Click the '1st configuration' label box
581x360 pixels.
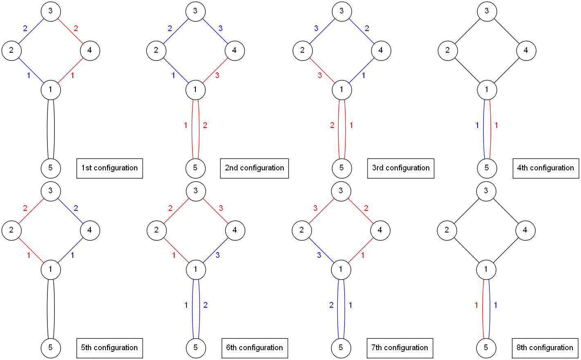110,168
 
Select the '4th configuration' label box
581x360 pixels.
545,168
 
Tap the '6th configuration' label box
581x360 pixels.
254,348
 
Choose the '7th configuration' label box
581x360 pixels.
399,348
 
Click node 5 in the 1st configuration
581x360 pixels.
51,168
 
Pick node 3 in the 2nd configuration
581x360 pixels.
195,11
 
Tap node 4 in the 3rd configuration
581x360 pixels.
381,50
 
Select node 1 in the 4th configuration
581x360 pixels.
487,89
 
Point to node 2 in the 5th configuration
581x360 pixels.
11,230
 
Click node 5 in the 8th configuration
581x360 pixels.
486,348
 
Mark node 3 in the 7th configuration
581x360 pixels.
341,191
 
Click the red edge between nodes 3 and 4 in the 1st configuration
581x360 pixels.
70,31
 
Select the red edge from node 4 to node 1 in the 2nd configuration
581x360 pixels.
215,70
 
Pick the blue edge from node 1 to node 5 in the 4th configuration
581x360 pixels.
484,129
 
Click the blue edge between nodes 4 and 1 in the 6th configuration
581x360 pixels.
215,250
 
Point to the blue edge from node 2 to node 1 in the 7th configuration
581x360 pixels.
321,250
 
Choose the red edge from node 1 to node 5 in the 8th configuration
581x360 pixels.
483,309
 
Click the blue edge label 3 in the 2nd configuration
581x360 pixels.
220,28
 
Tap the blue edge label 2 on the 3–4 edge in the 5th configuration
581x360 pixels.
76,208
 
